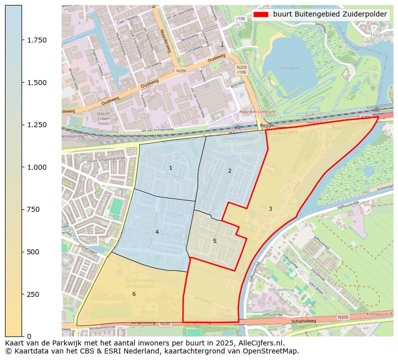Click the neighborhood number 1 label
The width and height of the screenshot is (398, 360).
point(170,168)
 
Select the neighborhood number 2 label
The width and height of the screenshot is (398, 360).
point(230,171)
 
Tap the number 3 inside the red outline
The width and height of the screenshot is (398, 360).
point(270,209)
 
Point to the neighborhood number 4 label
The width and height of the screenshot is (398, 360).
point(157,232)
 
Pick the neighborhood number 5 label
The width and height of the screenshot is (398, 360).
point(215,241)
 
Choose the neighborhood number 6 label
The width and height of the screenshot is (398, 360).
point(134,294)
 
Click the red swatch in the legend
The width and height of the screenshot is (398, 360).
point(261,15)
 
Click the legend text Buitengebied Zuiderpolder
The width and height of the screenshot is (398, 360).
point(330,15)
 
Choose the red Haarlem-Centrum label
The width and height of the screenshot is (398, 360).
point(251,112)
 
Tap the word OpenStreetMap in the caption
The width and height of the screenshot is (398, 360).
point(274,351)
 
